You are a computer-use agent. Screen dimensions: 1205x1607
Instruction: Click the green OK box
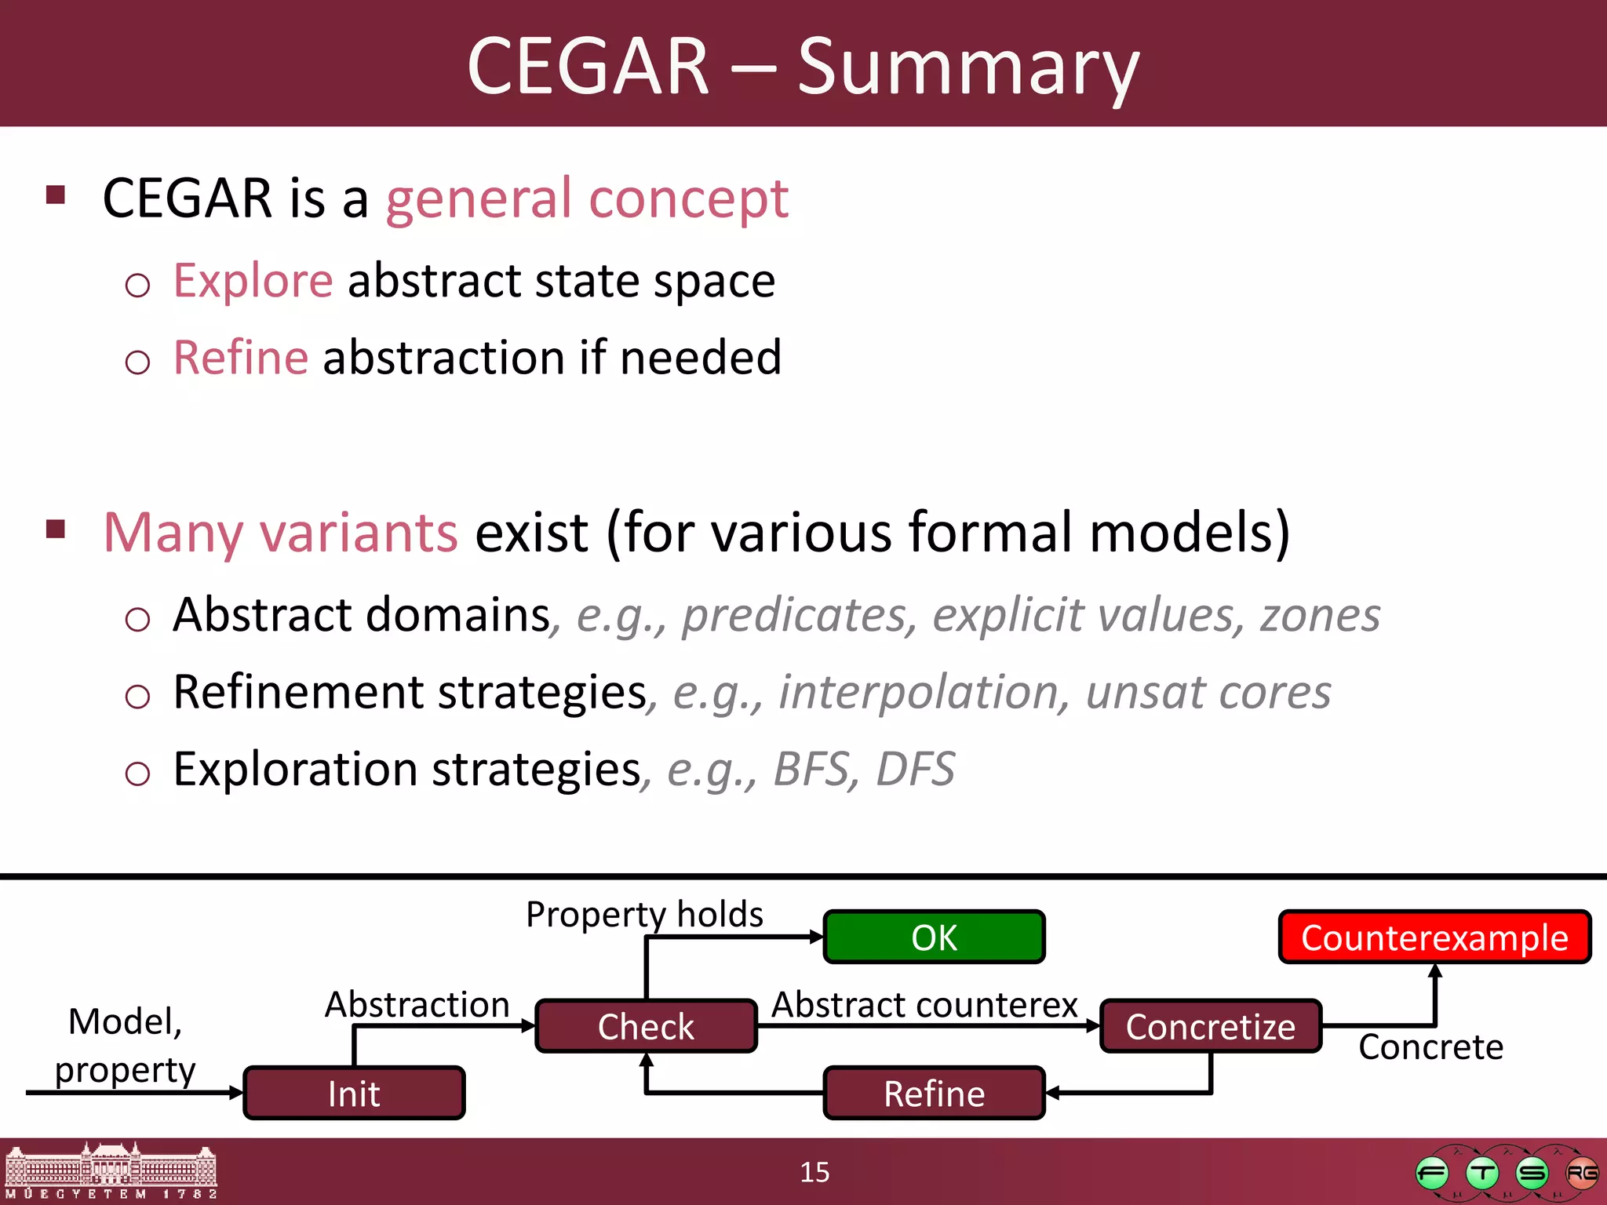click(x=934, y=937)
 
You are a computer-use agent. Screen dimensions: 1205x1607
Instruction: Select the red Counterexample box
click(x=1434, y=937)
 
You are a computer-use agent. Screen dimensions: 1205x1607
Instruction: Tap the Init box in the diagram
click(x=354, y=1093)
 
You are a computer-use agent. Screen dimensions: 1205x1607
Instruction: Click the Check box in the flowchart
click(x=646, y=1026)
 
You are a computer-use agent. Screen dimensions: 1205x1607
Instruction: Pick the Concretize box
click(x=1211, y=1026)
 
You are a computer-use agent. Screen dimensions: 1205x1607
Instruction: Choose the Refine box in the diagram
click(x=934, y=1093)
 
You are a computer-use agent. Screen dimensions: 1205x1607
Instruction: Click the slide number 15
click(x=814, y=1172)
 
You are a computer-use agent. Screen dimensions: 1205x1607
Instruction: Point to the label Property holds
click(x=644, y=914)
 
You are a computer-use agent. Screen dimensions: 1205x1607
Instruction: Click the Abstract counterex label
click(x=924, y=1004)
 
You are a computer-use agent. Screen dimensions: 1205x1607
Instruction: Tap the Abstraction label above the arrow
click(x=417, y=1004)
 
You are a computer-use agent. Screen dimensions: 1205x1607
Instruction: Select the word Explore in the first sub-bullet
click(x=253, y=281)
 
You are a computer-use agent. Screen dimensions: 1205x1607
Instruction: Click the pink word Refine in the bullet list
click(x=241, y=358)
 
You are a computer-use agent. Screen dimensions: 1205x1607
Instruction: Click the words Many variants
click(x=280, y=533)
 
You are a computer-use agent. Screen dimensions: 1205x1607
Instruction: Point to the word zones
click(x=1320, y=615)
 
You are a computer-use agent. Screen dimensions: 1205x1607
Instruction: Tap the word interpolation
click(x=918, y=693)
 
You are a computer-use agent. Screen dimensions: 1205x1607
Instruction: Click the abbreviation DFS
click(x=915, y=769)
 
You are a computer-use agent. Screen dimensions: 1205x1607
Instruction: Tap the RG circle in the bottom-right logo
click(x=1581, y=1174)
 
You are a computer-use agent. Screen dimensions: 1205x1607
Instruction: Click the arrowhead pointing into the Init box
click(x=236, y=1092)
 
